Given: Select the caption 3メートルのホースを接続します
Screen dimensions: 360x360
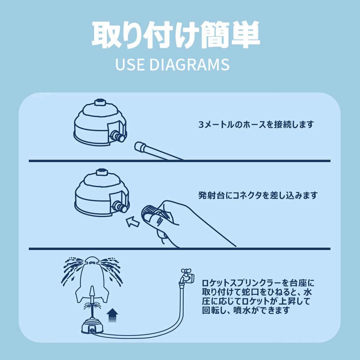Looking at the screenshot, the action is (x=256, y=125).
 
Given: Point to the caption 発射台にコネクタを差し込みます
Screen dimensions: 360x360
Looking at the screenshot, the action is (x=258, y=195).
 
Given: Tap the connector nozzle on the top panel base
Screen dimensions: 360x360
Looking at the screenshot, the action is (x=118, y=136).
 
